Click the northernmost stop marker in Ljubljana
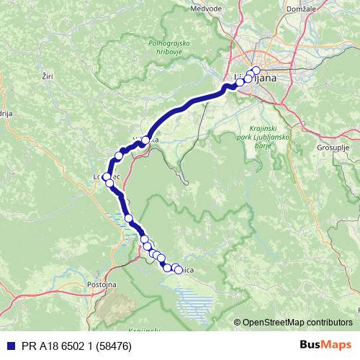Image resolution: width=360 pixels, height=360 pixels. [256, 71]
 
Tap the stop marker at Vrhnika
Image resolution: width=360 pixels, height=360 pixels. [145, 140]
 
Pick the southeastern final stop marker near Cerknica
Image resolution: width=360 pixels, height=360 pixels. [178, 269]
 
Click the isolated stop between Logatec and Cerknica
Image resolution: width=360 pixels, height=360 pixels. [129, 217]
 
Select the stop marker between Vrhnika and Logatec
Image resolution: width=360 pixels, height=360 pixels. [120, 156]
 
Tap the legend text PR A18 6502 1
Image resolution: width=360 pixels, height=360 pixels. [58, 345]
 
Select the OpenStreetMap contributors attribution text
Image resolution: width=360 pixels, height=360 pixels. [297, 323]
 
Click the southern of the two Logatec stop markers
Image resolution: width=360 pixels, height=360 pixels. [110, 183]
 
